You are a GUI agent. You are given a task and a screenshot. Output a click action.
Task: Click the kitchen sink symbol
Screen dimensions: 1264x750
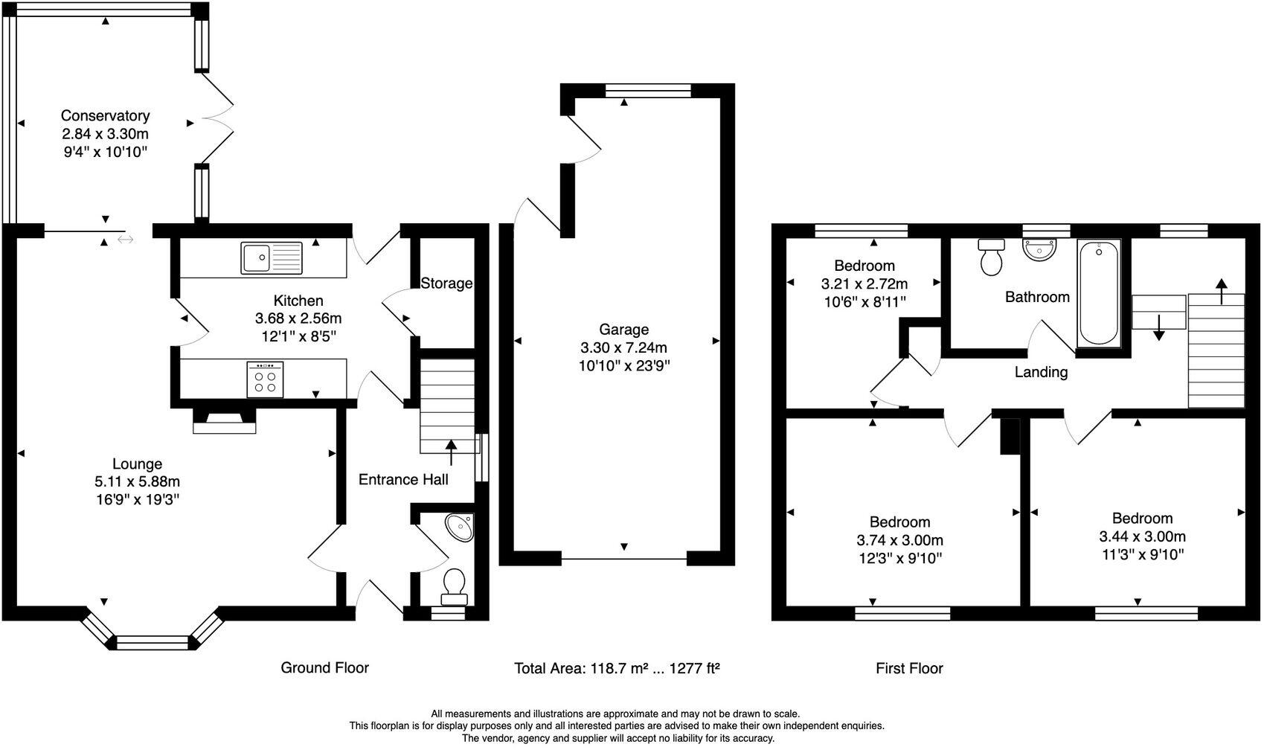[272, 258]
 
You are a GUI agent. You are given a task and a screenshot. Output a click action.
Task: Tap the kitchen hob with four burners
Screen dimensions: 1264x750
[265, 379]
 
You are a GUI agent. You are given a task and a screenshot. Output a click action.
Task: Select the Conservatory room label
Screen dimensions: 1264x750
[105, 115]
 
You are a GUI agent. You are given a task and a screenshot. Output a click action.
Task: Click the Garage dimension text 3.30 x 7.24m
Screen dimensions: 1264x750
[623, 347]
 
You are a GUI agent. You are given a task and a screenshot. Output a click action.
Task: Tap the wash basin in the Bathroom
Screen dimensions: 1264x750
[1039, 249]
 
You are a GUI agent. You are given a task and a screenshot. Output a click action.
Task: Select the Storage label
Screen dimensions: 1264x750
[446, 283]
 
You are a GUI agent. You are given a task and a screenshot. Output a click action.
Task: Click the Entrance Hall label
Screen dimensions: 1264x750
[403, 479]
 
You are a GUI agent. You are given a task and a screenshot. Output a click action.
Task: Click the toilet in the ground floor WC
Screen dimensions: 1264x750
[454, 586]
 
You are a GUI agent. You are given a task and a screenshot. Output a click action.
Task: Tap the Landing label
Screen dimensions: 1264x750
[1041, 372]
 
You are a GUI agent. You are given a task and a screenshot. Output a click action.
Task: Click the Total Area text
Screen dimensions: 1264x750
[617, 668]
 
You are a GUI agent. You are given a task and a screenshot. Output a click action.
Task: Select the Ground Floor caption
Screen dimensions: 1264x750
[324, 667]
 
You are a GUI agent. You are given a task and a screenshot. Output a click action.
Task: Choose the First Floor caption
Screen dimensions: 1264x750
[909, 668]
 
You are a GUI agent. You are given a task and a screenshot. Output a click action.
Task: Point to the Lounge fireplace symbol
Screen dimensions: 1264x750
[224, 421]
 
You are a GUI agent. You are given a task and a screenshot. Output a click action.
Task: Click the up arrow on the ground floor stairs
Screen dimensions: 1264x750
[451, 451]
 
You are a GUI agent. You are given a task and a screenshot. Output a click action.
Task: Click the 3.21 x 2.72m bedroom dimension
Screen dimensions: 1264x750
[864, 283]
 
